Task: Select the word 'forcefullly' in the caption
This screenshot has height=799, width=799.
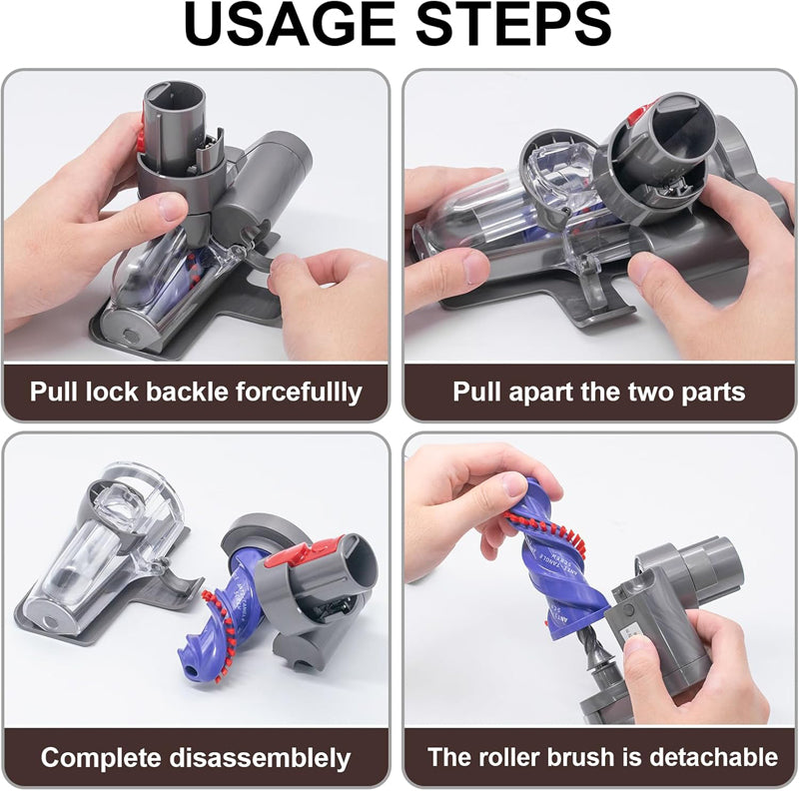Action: [307, 391]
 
